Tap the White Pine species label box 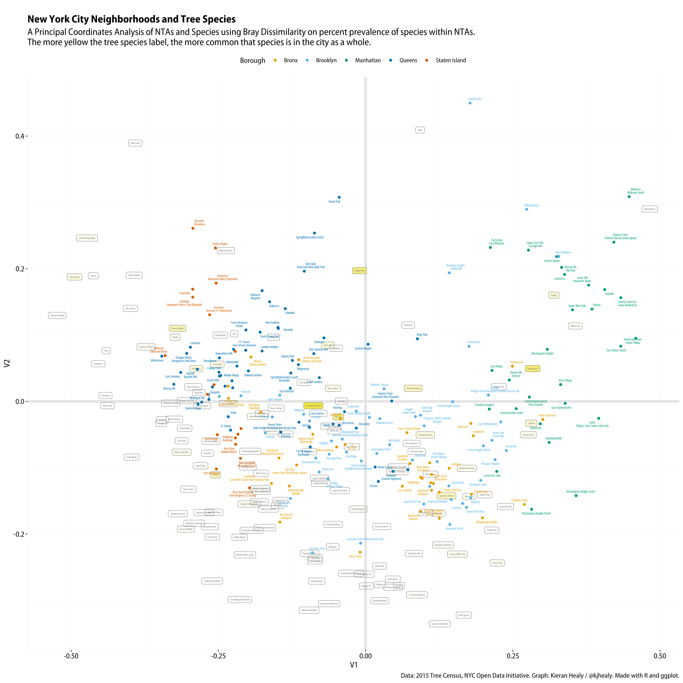[135, 143]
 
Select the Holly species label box [420, 130]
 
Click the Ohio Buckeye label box [649, 209]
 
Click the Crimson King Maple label [87, 238]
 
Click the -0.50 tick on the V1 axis [71, 656]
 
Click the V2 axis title [7, 363]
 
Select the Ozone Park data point [339, 197]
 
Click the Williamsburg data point [527, 209]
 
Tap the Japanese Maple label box [57, 315]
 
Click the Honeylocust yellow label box [532, 369]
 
